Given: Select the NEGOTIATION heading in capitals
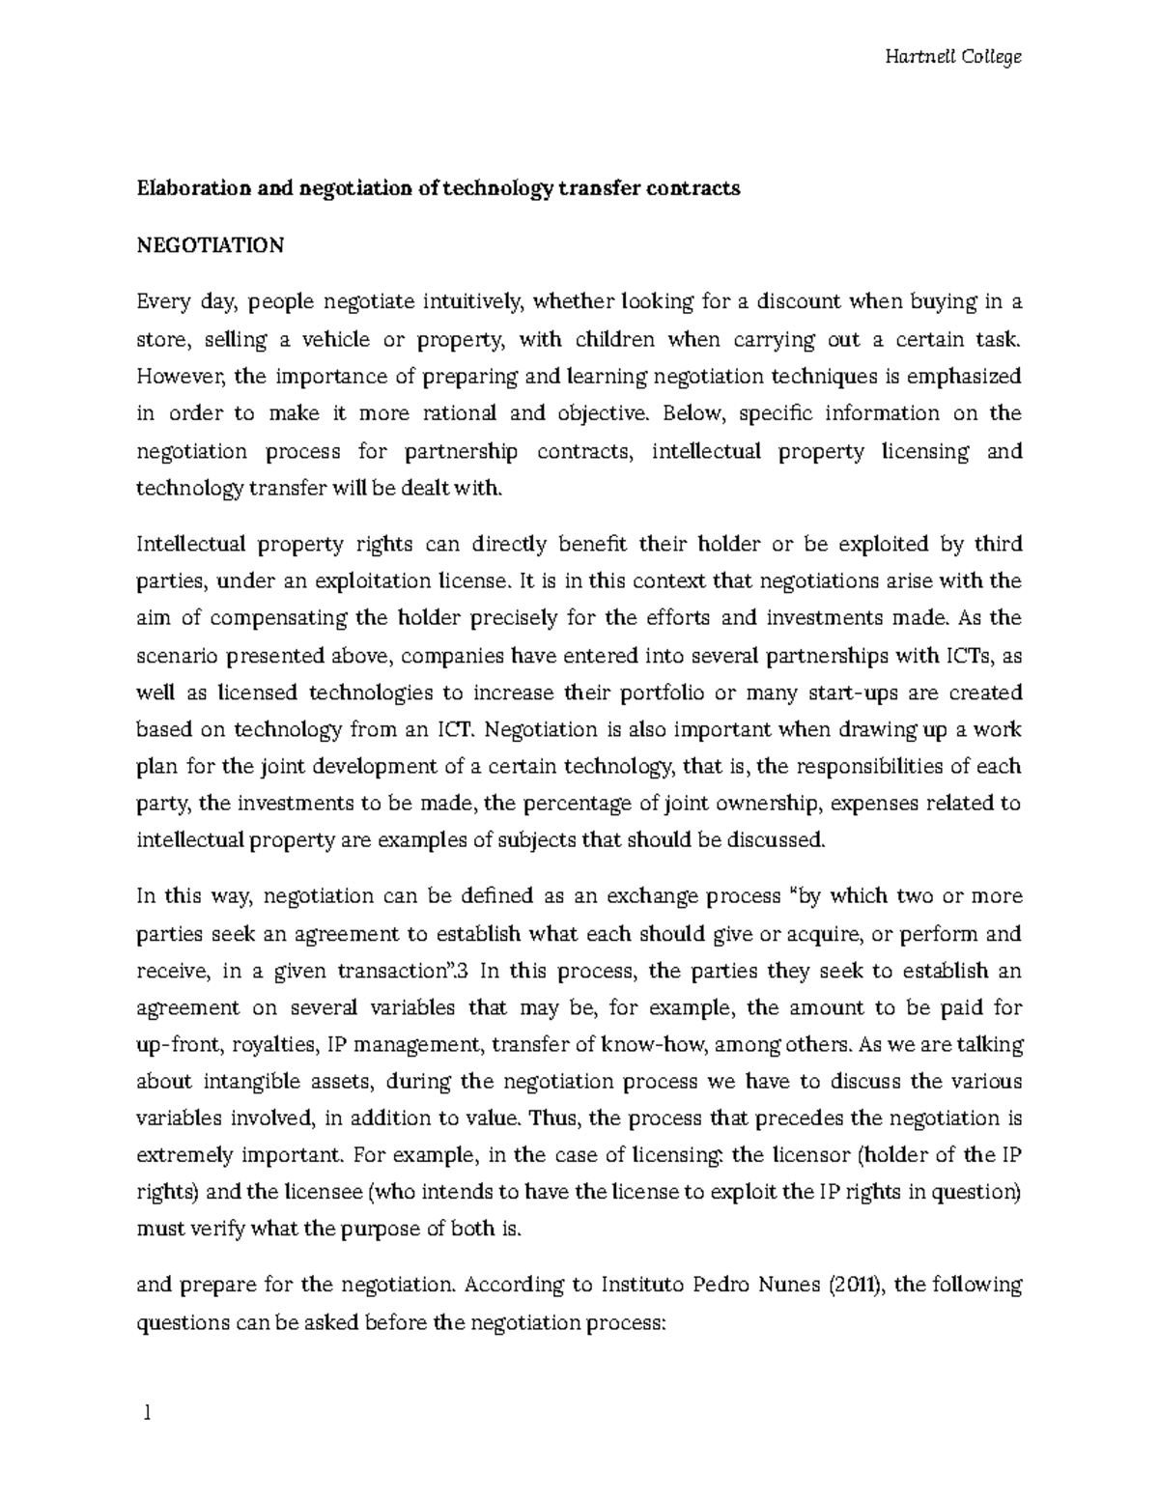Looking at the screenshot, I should tap(210, 245).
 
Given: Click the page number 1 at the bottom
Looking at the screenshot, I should tap(147, 1414).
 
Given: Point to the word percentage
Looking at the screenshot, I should tap(566, 804).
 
